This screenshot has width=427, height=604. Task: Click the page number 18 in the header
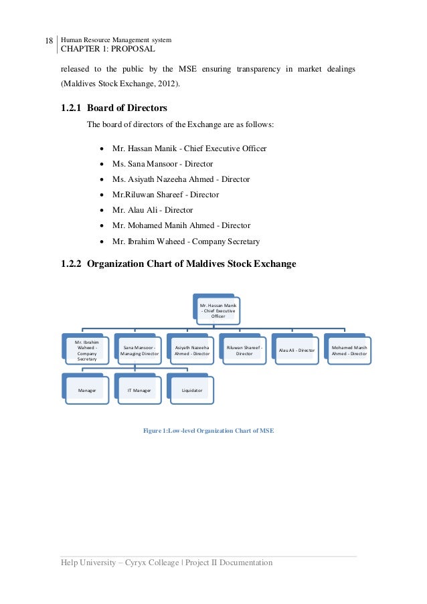[48, 41]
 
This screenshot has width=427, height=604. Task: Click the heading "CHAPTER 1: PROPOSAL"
[108, 49]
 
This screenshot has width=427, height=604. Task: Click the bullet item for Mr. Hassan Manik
[189, 148]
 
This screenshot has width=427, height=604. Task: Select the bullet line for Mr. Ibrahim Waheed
[186, 241]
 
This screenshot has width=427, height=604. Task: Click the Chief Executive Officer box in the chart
[218, 311]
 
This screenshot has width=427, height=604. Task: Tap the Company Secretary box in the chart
[87, 350]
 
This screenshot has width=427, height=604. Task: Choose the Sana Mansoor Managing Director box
[139, 350]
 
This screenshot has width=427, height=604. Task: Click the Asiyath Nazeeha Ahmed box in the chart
[191, 350]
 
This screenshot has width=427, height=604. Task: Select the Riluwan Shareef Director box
[244, 350]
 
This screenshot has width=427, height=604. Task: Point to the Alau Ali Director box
[296, 350]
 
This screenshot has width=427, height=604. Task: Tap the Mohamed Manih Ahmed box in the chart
[349, 350]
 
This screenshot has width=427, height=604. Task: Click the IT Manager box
[139, 389]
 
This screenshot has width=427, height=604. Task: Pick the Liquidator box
[191, 389]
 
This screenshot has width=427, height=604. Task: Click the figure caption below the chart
[209, 430]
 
